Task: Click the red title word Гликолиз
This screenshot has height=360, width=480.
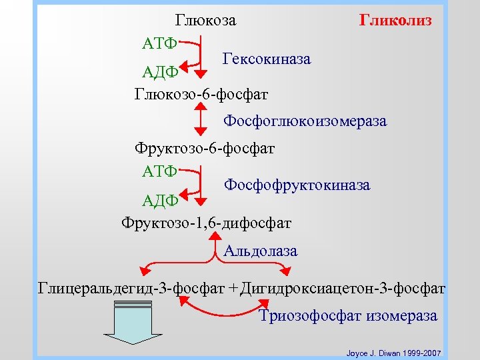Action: (395, 20)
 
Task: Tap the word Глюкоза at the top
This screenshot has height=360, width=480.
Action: (205, 21)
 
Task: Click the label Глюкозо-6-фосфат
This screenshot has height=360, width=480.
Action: (201, 94)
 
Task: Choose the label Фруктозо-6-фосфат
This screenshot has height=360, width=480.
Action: (205, 147)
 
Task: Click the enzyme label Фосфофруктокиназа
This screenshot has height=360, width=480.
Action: (297, 184)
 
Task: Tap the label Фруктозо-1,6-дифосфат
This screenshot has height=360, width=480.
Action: (206, 221)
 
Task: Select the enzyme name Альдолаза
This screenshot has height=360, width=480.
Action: (261, 251)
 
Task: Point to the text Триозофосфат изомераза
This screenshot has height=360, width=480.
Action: (347, 315)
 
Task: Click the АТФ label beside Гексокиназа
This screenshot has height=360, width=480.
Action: (159, 43)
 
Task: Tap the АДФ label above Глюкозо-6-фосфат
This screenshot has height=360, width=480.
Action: (160, 71)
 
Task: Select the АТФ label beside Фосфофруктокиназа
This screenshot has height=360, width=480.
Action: (159, 171)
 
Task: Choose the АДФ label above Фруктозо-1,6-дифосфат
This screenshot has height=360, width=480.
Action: (160, 199)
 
